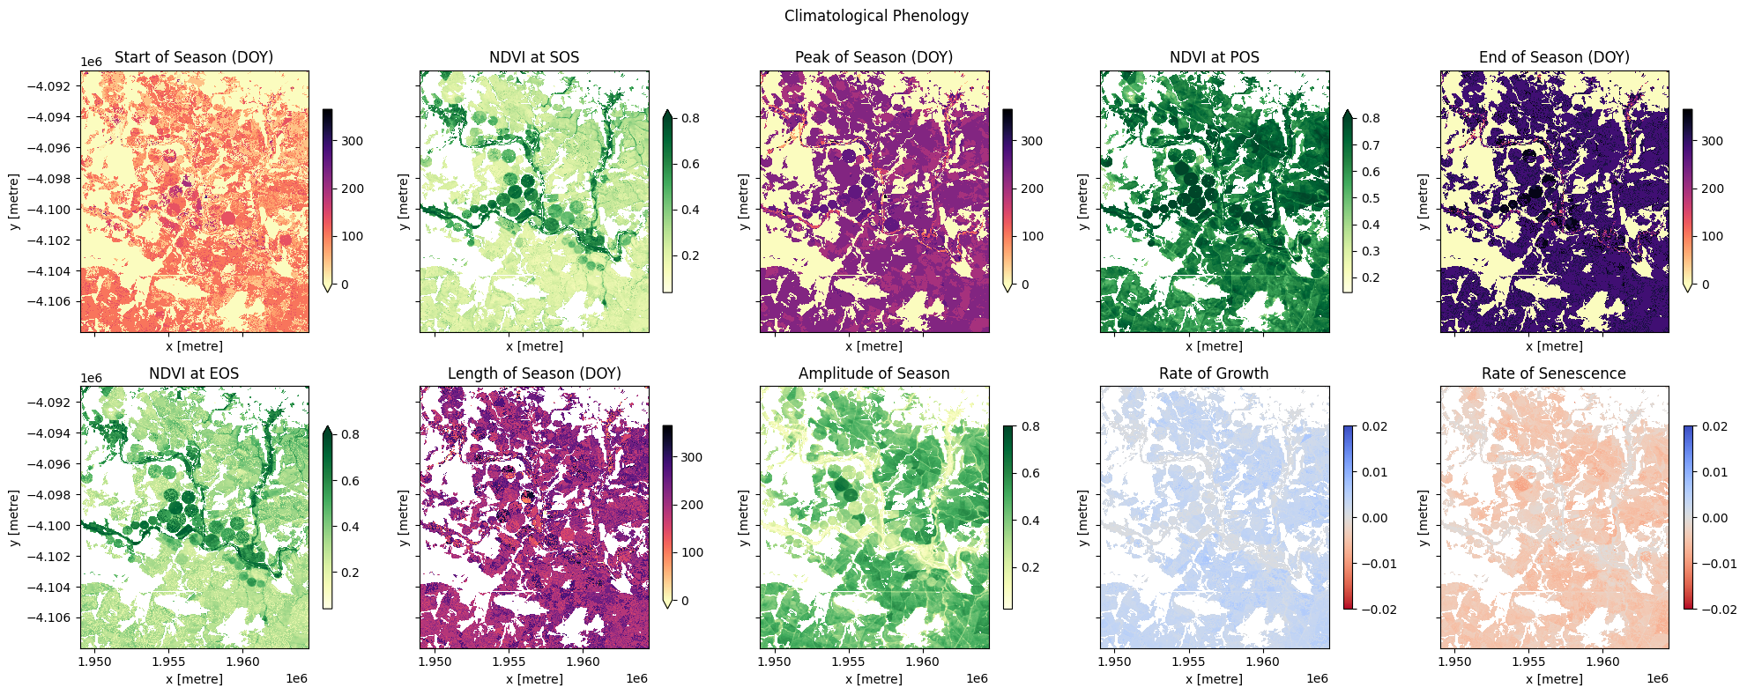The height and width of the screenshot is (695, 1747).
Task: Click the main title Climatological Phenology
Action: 875,16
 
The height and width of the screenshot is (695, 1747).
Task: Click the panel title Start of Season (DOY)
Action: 194,57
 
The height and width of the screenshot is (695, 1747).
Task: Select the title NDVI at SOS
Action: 534,57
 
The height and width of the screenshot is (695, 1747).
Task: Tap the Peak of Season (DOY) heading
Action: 873,57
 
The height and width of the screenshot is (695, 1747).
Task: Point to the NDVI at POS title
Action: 1214,57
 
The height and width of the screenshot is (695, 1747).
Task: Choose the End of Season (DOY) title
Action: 1554,57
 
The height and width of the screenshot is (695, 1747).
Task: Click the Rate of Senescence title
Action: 1553,373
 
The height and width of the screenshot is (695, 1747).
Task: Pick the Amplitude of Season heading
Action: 873,373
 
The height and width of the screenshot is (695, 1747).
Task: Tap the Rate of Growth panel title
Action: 1214,373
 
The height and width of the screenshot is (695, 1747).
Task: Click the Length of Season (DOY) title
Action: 534,373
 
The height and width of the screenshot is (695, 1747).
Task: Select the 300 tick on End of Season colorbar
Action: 1712,141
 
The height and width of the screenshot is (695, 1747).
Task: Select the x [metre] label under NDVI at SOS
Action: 534,346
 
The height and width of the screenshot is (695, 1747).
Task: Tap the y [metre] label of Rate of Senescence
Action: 1423,518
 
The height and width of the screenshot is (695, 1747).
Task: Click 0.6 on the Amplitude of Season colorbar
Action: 1030,473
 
